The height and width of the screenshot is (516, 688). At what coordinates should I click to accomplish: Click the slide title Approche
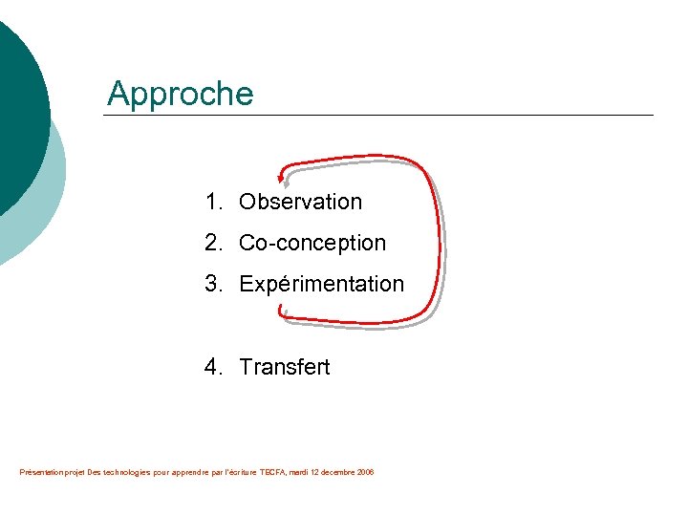[181, 94]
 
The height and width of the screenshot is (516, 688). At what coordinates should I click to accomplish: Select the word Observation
[300, 202]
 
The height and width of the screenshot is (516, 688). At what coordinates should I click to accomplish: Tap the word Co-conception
[312, 243]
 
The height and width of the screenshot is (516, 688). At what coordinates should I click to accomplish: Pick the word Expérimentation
[321, 284]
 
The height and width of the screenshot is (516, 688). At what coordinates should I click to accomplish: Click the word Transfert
[284, 367]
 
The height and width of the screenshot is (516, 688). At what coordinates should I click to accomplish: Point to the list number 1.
[210, 202]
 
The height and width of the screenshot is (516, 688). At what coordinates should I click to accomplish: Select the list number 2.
[211, 243]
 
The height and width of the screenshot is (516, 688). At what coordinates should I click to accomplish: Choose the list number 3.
[211, 284]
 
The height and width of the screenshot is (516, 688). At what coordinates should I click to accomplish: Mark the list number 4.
[211, 367]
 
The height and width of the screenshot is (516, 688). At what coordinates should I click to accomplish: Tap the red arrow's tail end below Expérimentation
[282, 310]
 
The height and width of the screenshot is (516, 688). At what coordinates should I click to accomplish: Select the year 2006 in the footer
[365, 472]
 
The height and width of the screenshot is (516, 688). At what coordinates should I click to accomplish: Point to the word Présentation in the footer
[38, 472]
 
